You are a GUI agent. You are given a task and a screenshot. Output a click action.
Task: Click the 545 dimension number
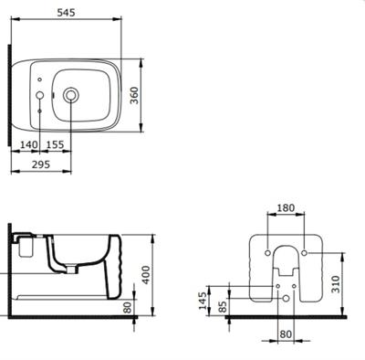pos(66,13)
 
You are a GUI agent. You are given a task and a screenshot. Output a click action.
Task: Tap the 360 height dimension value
pos(134,95)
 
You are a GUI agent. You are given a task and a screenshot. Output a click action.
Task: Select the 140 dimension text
pos(29,144)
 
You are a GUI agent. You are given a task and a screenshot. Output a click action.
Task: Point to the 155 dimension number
pos(56,144)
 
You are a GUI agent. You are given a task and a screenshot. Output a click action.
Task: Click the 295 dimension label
pos(41,164)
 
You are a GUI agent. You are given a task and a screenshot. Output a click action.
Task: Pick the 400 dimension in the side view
pos(146,275)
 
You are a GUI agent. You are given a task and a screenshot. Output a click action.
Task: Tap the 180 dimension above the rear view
pos(286,207)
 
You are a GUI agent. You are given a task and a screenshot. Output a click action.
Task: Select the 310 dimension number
pos(336,284)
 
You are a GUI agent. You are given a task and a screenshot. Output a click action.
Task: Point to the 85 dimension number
pos(223,306)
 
